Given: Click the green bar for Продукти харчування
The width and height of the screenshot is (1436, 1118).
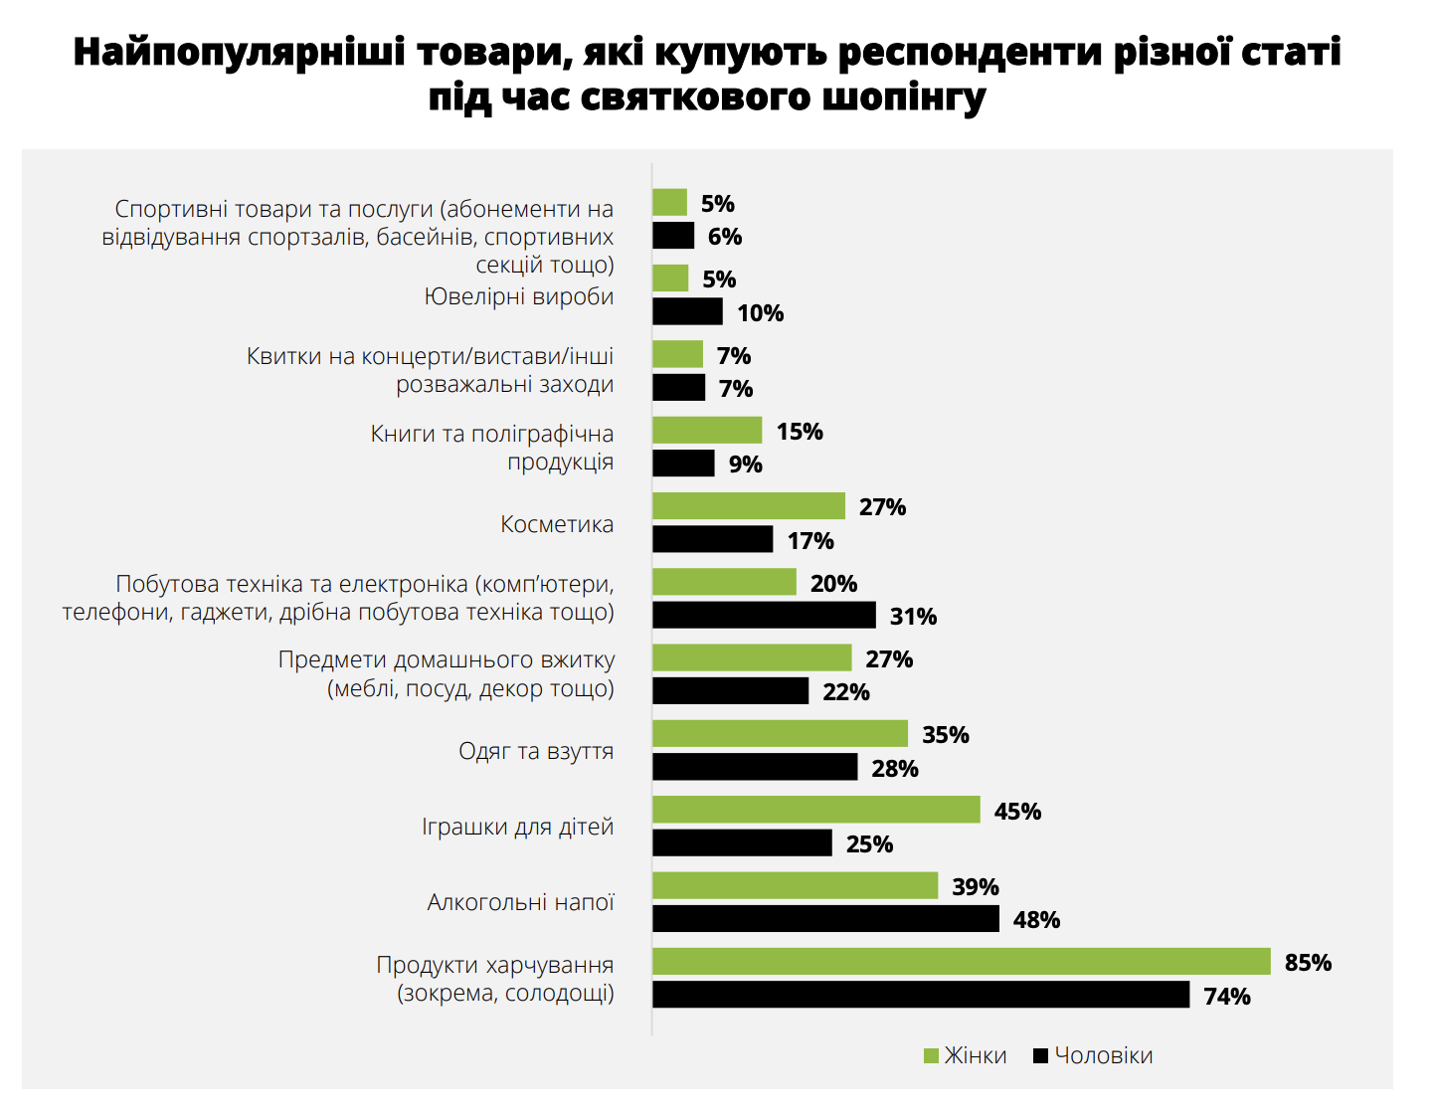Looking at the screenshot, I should (961, 962).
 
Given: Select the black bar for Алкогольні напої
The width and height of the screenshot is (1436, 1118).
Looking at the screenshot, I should (825, 919).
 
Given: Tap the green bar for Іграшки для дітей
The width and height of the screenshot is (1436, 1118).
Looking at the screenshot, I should (815, 810).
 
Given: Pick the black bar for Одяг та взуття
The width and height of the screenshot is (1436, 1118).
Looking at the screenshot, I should (755, 767).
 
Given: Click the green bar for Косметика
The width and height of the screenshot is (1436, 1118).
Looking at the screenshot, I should (748, 506).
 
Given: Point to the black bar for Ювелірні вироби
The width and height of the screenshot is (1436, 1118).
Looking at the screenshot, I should (687, 312).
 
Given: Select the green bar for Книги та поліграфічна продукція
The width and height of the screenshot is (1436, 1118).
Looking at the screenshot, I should (707, 431).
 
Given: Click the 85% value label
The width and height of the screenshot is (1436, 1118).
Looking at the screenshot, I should (1308, 963).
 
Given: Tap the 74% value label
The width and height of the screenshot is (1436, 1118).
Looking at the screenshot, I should (1227, 997).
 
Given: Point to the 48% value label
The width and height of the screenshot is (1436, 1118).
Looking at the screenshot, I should (1036, 920).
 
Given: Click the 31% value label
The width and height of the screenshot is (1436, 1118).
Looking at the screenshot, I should (913, 617).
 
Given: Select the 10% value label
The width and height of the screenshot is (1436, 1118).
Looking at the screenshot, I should (760, 313).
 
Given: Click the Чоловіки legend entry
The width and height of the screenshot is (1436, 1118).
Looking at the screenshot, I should (1093, 1055).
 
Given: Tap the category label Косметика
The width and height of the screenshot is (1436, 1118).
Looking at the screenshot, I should (557, 524).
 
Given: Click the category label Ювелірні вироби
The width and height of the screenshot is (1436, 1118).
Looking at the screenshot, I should (519, 296).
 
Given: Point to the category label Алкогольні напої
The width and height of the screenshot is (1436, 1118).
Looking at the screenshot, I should (520, 902).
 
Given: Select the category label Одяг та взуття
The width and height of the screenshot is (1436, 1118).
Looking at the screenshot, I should (536, 751).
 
